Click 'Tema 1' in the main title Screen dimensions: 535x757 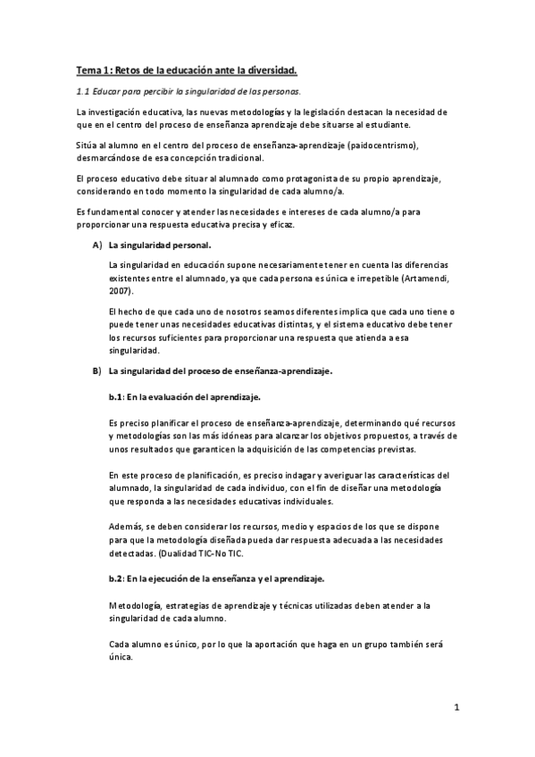pyautogui.click(x=91, y=69)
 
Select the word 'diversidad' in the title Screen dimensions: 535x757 pyautogui.click(x=272, y=69)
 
